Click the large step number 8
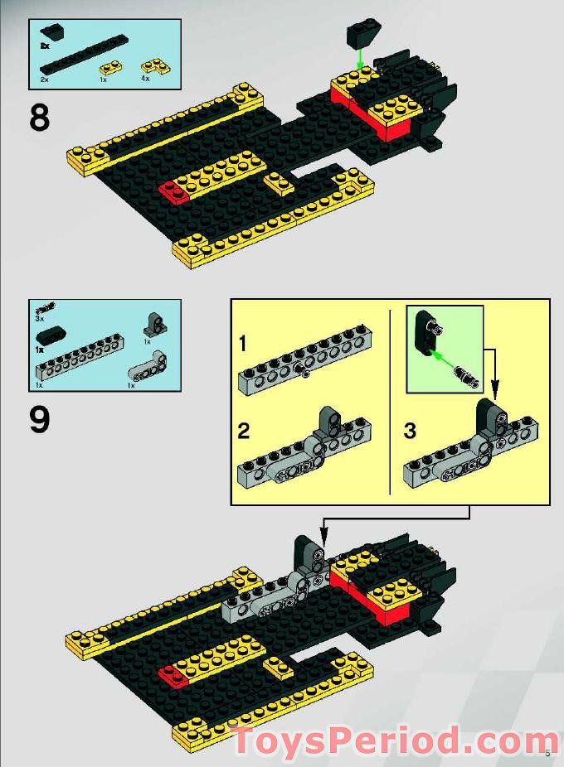pyautogui.click(x=40, y=118)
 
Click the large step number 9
pyautogui.click(x=40, y=419)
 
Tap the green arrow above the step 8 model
pyautogui.click(x=358, y=59)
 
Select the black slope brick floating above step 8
pyautogui.click(x=362, y=34)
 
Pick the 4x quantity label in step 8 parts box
pyautogui.click(x=145, y=78)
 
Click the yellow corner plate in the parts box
pyautogui.click(x=152, y=64)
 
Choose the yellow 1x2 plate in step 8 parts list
pyautogui.click(x=109, y=66)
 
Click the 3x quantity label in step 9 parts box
pyautogui.click(x=39, y=318)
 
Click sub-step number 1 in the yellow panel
pyautogui.click(x=243, y=343)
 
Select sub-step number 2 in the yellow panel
pyautogui.click(x=243, y=431)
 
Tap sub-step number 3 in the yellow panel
pyautogui.click(x=410, y=431)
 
